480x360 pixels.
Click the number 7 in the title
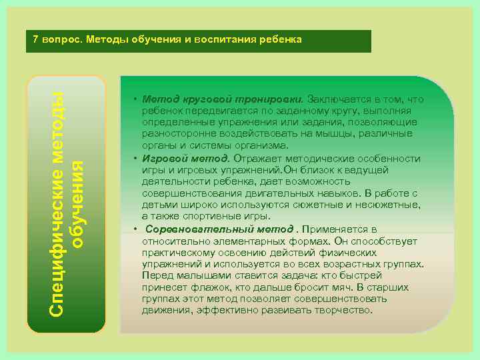pos(36,39)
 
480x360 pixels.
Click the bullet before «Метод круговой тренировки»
pos(135,100)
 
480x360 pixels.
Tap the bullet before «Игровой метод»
pos(135,159)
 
